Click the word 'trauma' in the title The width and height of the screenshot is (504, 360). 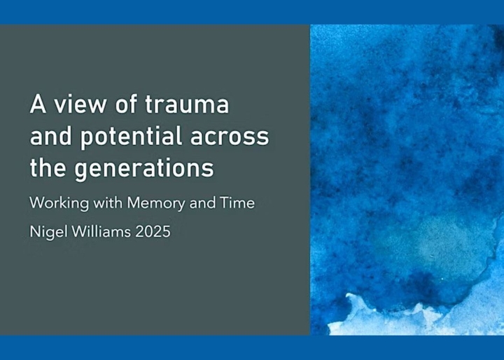coord(187,104)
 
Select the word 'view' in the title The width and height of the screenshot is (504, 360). coord(79,104)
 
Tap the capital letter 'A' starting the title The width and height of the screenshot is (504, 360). coord(38,104)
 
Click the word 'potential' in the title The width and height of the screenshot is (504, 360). coord(131,137)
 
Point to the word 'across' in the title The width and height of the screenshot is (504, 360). coord(230,137)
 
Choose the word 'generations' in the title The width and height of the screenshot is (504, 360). coord(144,168)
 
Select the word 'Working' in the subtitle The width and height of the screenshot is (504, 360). coord(59,203)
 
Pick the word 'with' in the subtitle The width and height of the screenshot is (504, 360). coord(108,202)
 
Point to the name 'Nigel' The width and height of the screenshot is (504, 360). coord(48,232)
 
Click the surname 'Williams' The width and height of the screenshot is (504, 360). coord(101,231)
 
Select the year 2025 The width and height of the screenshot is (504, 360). coord(153,231)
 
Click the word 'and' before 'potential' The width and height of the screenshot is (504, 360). coord(50,136)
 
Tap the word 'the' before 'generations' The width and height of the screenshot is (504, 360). coord(48,167)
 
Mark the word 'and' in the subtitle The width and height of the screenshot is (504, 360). coord(202,202)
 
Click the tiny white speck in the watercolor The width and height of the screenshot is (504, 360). coord(442,279)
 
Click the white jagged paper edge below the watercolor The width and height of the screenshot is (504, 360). coord(386,317)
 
